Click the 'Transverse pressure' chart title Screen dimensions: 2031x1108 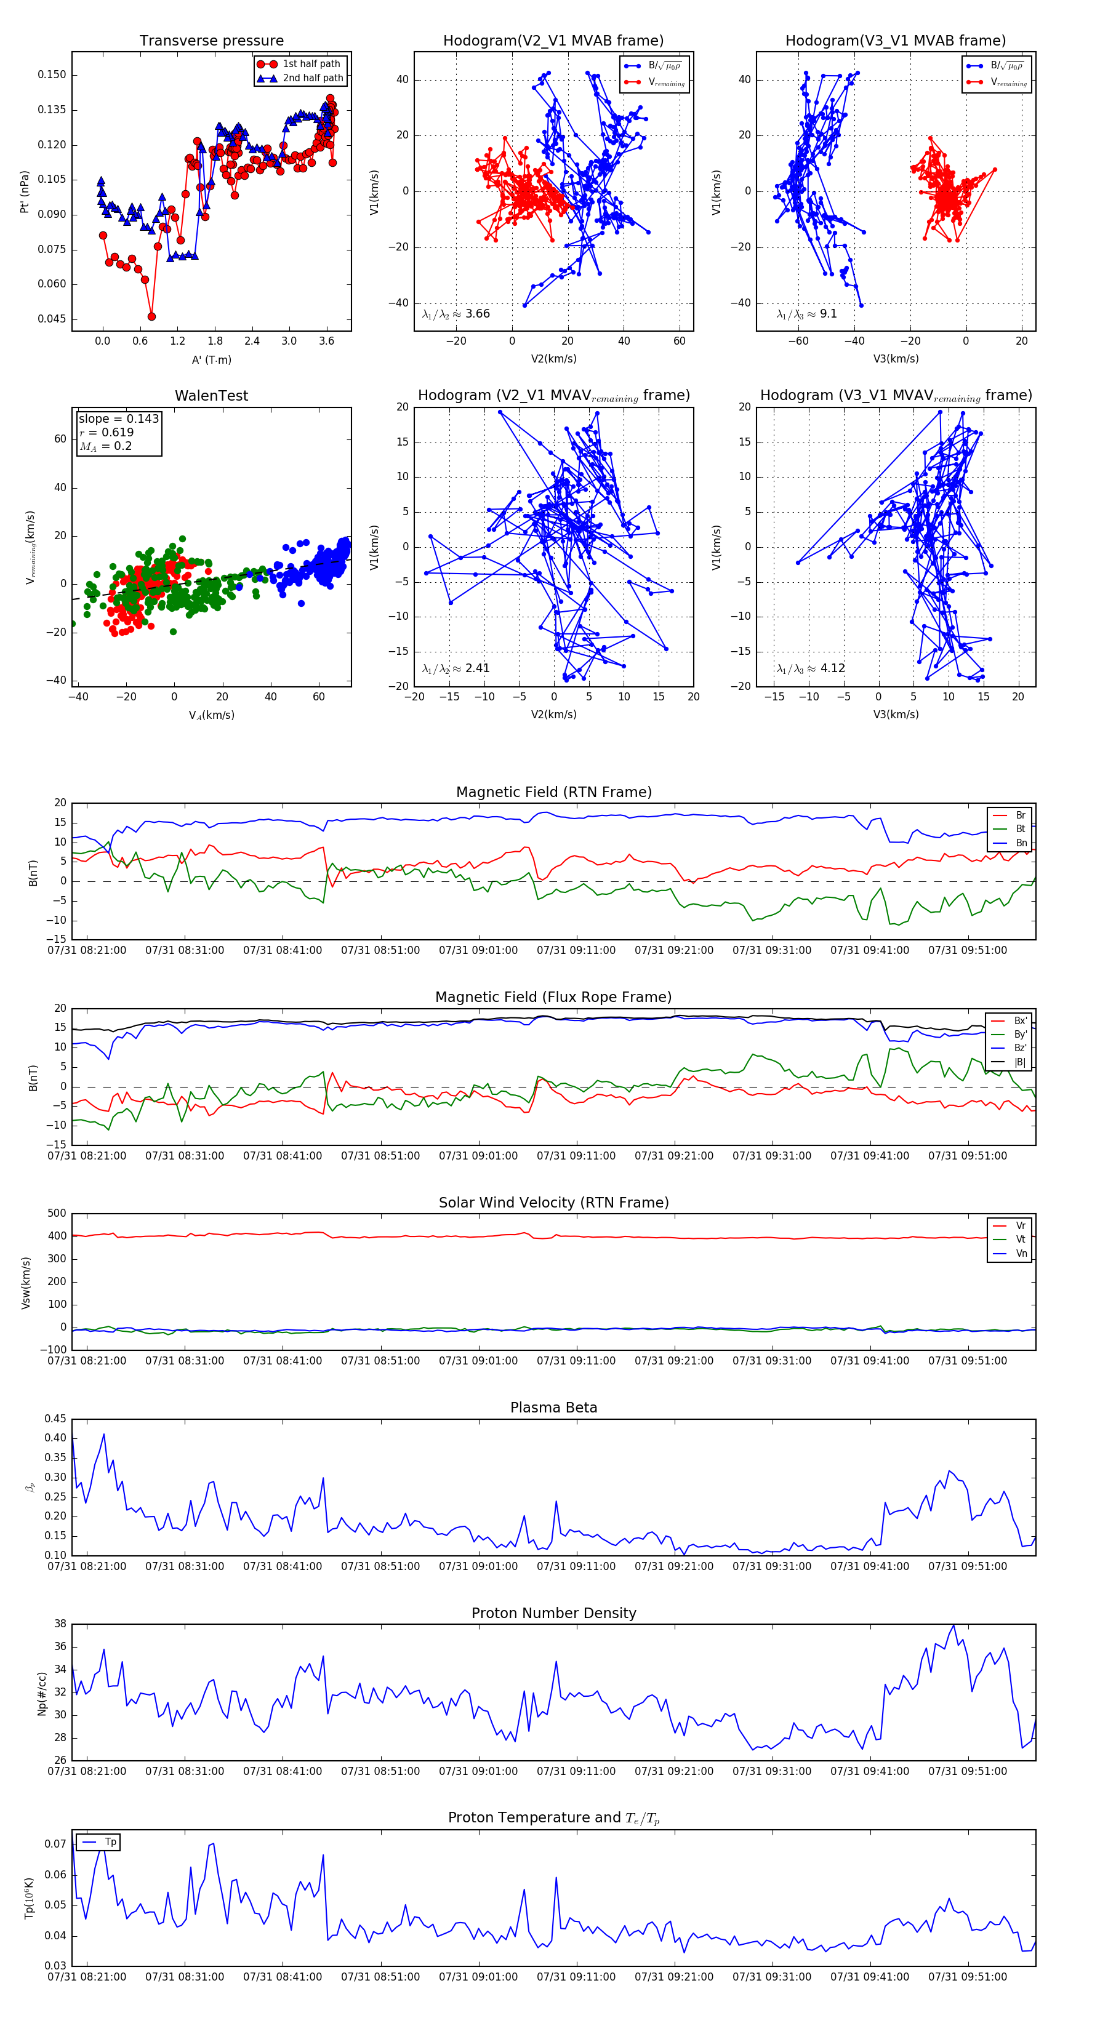coord(211,41)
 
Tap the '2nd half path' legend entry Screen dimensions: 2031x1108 coord(312,78)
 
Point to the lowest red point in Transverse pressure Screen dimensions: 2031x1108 coord(151,316)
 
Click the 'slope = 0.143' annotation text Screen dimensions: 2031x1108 coord(118,419)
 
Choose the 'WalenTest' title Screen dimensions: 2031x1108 coord(211,396)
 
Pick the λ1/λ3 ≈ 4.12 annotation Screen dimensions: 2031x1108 coord(811,668)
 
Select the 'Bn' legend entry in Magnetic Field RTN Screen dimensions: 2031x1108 coord(1021,843)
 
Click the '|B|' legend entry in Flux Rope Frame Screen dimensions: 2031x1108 coord(1020,1062)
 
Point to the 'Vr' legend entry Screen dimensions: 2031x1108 coord(1021,1226)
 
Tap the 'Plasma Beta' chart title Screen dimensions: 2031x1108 coord(553,1408)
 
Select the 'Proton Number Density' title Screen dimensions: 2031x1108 coord(553,1613)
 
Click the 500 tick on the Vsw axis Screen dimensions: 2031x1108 coord(57,1214)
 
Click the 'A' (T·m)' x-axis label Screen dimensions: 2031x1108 coord(211,359)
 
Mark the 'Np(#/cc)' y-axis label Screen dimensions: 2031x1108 coord(42,1692)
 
